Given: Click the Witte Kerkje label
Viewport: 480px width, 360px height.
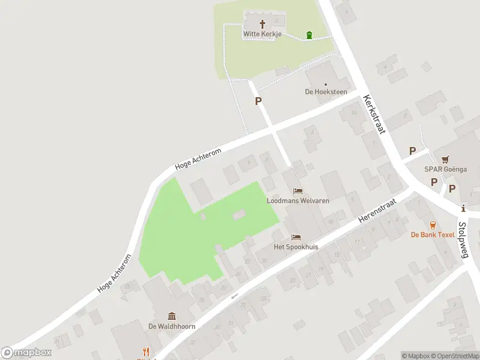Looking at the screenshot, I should point(262,34).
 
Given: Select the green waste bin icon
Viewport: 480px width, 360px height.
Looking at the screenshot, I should point(309,35).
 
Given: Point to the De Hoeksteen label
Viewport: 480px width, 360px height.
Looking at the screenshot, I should point(326,92).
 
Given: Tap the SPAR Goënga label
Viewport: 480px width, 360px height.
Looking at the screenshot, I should point(445,169).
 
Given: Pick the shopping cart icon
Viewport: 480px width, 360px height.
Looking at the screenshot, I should point(445,160).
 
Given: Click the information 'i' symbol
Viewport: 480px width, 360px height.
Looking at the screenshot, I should point(463,209).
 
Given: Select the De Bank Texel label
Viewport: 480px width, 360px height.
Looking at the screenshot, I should point(433,235).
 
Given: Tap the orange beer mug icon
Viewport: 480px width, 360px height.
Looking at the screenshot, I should point(433,224).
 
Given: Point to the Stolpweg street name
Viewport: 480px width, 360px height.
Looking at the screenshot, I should point(463,240).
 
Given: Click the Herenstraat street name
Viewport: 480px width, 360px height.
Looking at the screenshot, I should point(374,212).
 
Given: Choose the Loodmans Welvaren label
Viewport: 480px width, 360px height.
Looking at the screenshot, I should point(298,201).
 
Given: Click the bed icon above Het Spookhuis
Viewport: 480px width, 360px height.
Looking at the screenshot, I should point(295,237).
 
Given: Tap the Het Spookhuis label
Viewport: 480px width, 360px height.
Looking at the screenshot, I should point(296,247).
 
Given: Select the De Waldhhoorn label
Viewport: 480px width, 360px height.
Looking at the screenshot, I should point(172,326).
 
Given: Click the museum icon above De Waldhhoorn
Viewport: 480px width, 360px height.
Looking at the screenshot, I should point(172,316).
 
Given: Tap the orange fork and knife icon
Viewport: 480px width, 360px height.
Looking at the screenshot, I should point(145,352).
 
